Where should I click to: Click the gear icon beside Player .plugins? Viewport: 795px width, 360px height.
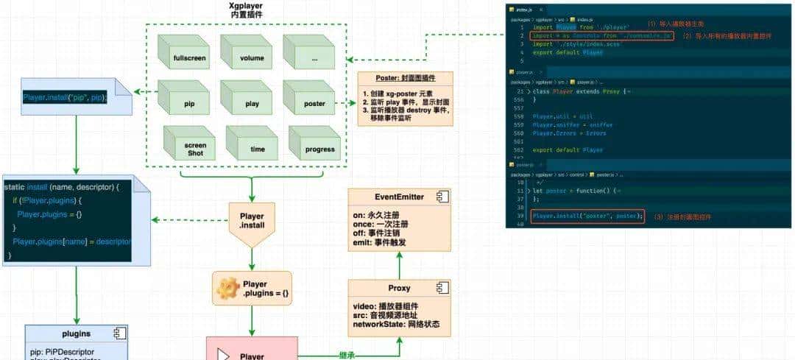click(225, 289)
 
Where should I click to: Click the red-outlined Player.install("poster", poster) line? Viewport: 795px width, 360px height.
click(587, 216)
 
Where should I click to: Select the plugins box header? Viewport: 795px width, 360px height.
click(76, 333)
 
